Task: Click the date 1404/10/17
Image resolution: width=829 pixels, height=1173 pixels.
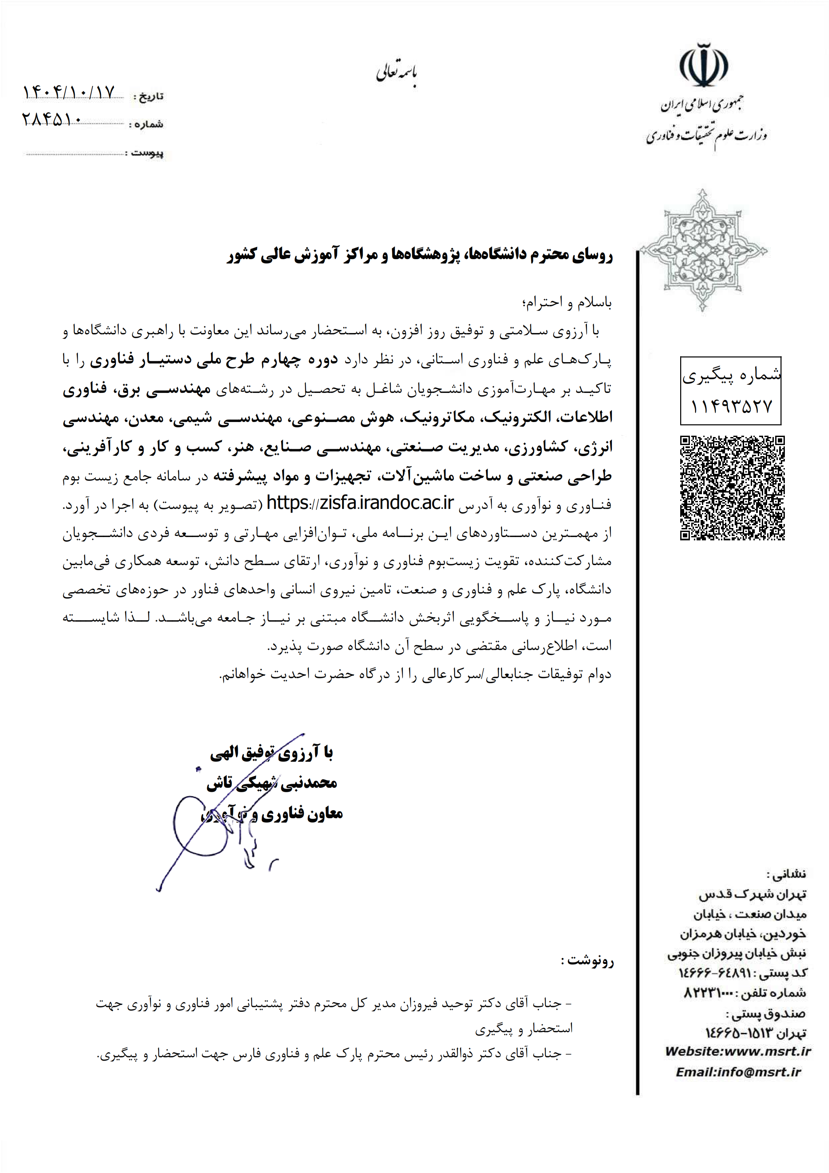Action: point(69,93)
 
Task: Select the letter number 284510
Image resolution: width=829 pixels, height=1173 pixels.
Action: point(51,120)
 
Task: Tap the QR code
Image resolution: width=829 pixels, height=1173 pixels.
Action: point(732,488)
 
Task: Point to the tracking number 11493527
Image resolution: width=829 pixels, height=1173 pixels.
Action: point(731,407)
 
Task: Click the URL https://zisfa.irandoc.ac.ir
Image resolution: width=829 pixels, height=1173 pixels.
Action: point(360,503)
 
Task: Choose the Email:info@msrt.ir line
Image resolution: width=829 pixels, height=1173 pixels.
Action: point(738,1072)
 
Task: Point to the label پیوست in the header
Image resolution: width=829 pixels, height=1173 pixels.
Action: point(147,153)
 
